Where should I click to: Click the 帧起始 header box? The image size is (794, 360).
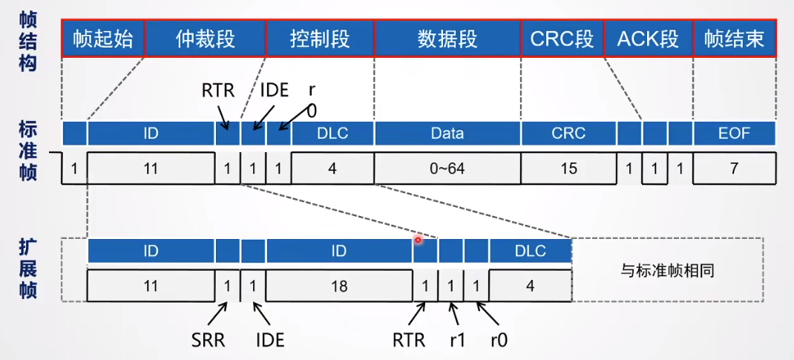coord(103,39)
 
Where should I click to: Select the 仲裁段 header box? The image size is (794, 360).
coord(205,39)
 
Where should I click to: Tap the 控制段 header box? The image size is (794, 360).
coord(320,39)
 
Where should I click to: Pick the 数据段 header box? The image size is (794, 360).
coord(447,39)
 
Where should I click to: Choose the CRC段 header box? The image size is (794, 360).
coord(562,39)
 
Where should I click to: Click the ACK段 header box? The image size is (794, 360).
coord(648,39)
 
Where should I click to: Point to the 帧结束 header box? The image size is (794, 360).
coord(734,39)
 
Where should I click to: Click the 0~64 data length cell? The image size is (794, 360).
coord(447,168)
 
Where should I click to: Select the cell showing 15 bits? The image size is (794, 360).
coord(568,168)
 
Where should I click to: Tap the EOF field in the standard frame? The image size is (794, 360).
coord(734,134)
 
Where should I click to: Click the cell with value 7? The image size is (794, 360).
coord(734,168)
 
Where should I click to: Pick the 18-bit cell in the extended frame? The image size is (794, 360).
coord(339,286)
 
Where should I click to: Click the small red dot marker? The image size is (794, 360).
coord(419,240)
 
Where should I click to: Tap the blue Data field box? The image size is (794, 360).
coord(447,134)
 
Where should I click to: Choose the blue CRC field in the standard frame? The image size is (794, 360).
coord(568,134)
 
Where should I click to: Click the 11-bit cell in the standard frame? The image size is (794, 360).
coord(151,168)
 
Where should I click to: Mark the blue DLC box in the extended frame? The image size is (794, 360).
coord(530,251)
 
